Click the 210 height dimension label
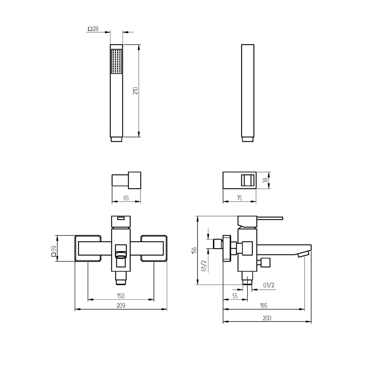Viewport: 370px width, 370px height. (x=135, y=91)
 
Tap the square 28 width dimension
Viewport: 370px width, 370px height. (x=93, y=29)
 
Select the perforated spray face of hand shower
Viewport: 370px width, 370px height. (x=117, y=61)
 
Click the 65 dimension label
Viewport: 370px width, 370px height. (x=126, y=198)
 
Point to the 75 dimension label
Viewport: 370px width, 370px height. (x=239, y=198)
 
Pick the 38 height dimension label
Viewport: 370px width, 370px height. (x=265, y=180)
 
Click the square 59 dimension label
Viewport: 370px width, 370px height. (x=54, y=251)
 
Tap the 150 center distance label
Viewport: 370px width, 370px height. (x=121, y=296)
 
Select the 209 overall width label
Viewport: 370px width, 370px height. (x=121, y=306)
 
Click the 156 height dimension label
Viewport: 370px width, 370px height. (x=194, y=250)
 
